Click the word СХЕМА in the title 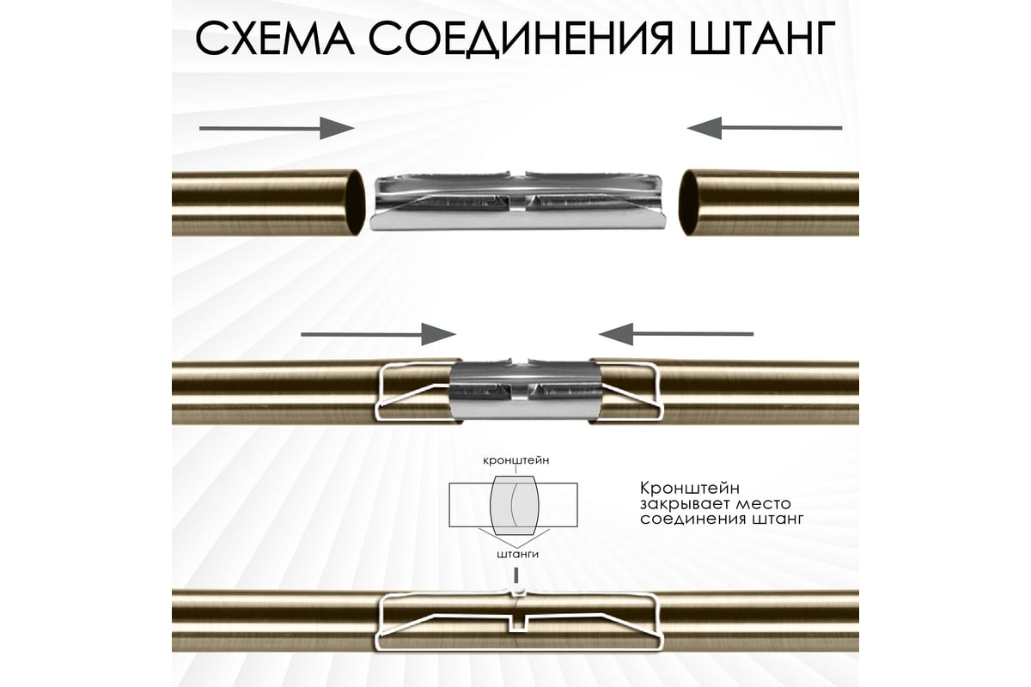[275, 38]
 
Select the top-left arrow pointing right [277, 128]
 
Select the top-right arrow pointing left [765, 128]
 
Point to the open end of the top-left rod [356, 203]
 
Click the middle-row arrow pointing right [378, 334]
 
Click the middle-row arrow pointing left [675, 334]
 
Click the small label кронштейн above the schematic [516, 460]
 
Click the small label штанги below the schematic [517, 554]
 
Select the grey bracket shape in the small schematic [514, 505]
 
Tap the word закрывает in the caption [679, 504]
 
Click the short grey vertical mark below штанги [517, 575]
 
